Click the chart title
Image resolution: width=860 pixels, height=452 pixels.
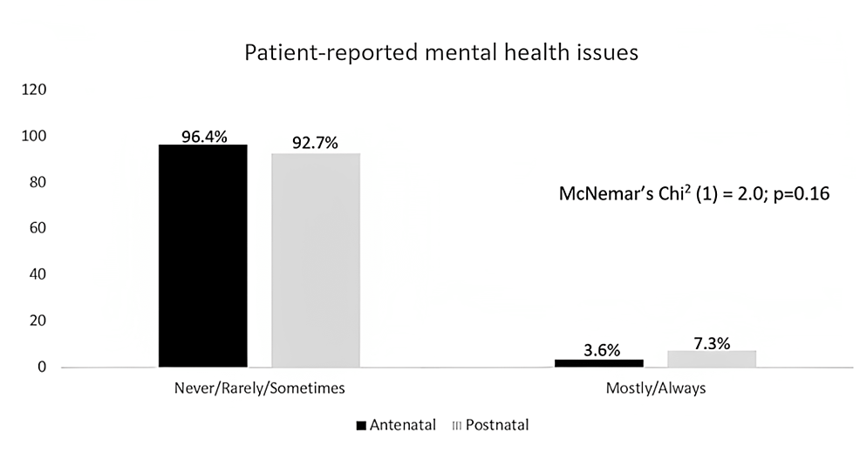point(441,52)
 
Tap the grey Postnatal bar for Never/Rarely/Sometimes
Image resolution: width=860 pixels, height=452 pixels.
point(315,260)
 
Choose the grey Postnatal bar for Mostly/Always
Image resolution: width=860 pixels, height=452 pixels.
point(712,359)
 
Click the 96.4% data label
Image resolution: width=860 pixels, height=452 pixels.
point(203,136)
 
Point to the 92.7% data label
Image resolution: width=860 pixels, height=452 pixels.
point(316,145)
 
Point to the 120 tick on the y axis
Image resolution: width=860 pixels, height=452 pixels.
point(35,90)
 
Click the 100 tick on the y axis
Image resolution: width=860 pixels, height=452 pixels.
point(35,136)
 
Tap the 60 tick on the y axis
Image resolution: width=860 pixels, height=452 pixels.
point(38,228)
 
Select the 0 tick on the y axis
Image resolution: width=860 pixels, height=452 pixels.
point(42,367)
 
